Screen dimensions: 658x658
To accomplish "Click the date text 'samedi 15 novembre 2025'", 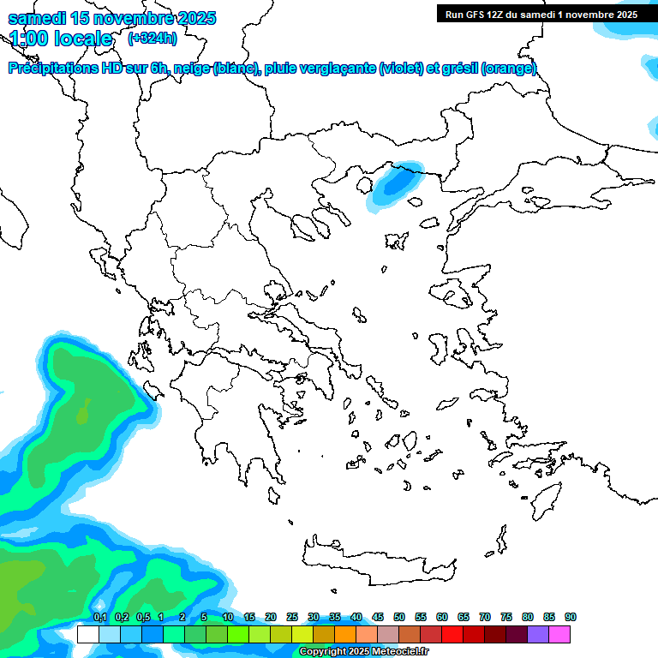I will point(112,18).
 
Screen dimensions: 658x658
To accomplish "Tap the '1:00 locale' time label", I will point(61,39).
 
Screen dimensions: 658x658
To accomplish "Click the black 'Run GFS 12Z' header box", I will point(541,14).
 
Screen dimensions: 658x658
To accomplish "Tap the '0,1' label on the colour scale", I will point(100,618).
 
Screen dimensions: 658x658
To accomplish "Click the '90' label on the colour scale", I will point(571,618).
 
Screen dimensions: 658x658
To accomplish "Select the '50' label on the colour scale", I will point(399,618).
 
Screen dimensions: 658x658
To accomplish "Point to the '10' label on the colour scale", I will point(228,618).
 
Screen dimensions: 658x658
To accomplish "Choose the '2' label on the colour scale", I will point(182,618).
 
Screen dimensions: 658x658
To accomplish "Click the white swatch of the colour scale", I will point(87,634).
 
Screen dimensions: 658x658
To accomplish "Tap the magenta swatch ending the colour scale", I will point(559,634).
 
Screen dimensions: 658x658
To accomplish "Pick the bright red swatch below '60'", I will point(452,634).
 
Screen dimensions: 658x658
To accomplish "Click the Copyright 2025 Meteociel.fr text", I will point(364,652).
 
